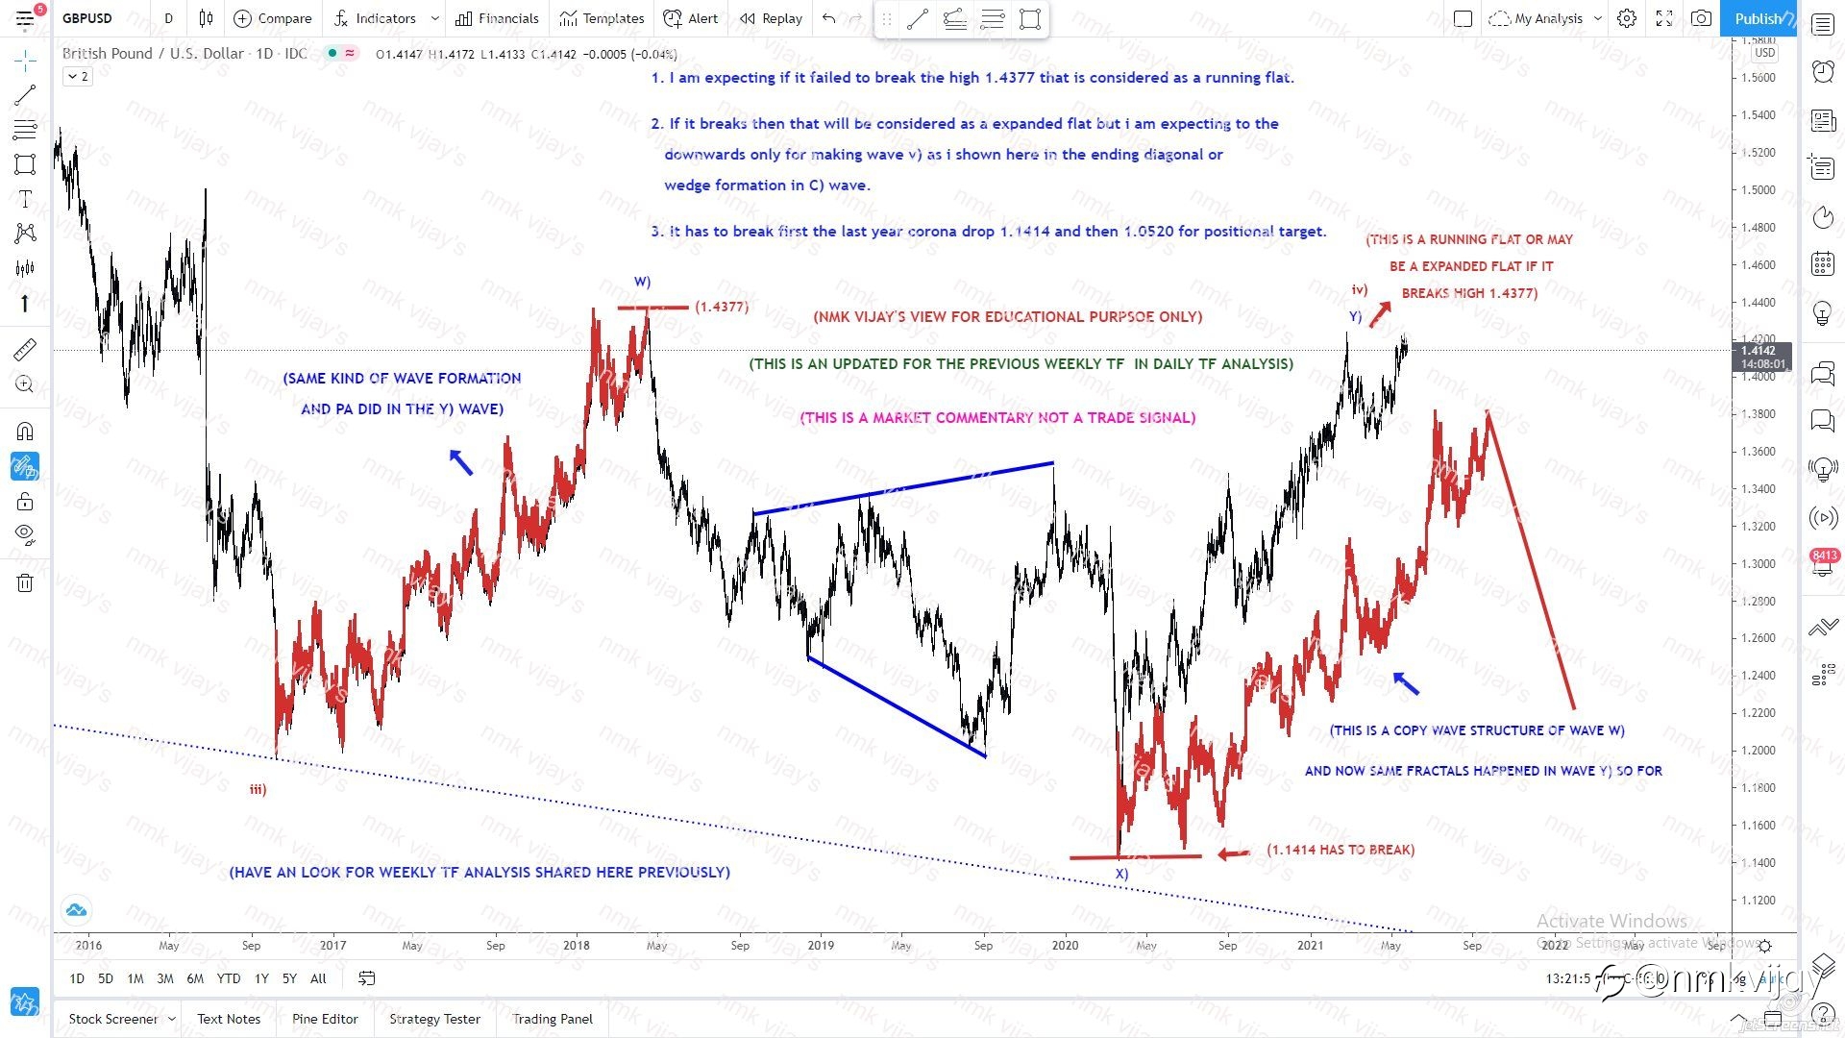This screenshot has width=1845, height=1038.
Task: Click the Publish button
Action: click(1758, 18)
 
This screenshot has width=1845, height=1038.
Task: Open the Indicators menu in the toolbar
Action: click(384, 18)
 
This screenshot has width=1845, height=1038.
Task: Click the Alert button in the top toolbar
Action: click(692, 18)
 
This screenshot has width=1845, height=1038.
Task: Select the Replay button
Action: click(771, 18)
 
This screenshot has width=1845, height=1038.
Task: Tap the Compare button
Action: click(273, 18)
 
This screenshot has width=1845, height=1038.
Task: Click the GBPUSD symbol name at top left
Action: click(87, 18)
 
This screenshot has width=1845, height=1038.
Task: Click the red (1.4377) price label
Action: click(721, 307)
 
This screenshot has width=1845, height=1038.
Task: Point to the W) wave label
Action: click(642, 282)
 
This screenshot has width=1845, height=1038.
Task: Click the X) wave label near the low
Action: click(1121, 874)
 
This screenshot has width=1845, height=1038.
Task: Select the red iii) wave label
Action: click(258, 789)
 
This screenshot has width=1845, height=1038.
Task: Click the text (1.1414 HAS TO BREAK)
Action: click(1341, 850)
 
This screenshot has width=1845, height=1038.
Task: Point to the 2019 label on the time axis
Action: click(821, 945)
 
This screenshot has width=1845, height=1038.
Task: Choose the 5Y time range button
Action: click(289, 978)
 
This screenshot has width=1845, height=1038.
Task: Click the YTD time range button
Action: click(229, 978)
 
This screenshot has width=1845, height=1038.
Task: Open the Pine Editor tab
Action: click(325, 1019)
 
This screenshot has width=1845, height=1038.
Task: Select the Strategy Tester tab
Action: click(434, 1019)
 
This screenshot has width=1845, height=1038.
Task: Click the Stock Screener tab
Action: click(113, 1019)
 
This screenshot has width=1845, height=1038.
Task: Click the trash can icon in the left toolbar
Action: click(25, 582)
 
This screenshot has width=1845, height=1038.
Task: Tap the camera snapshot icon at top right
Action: click(1701, 18)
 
